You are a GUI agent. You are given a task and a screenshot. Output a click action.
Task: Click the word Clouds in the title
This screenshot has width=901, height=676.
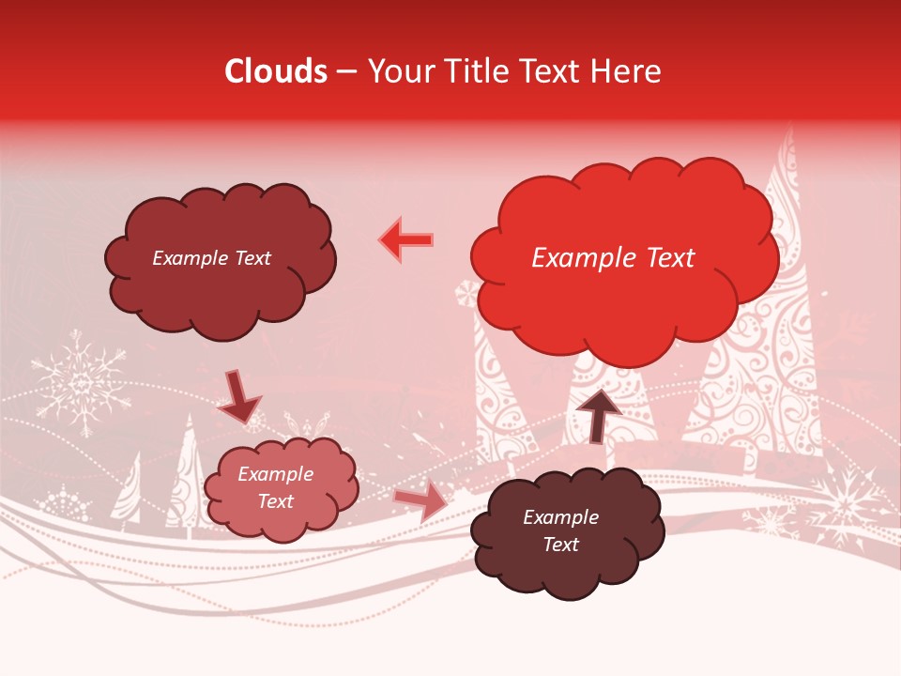(276, 71)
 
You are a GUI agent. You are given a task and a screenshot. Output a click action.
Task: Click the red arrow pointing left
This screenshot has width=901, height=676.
(406, 240)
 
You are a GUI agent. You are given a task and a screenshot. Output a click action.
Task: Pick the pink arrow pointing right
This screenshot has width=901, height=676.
(420, 500)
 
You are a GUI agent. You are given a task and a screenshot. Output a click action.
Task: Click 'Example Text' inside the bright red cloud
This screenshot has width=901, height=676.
(613, 258)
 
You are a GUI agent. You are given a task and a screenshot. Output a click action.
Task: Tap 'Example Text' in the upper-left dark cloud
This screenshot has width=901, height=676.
(211, 258)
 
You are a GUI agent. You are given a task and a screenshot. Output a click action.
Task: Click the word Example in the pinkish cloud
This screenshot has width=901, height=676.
(275, 475)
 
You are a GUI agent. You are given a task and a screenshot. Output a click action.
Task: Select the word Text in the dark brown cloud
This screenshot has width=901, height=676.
(560, 545)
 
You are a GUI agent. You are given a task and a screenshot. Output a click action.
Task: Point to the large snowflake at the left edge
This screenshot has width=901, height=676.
(81, 383)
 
